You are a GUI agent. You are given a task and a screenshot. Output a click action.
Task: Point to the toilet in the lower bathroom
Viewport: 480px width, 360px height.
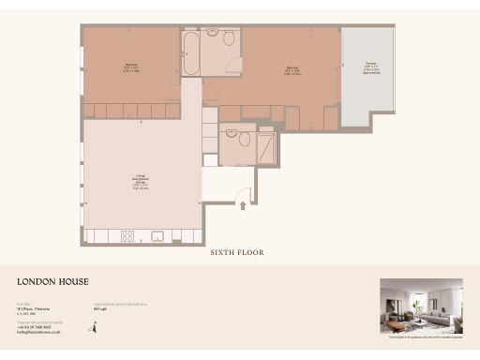(244, 140)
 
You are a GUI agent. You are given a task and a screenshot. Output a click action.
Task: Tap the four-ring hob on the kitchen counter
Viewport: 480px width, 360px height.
(128, 234)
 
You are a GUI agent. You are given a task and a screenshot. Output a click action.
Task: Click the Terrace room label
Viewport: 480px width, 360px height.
(371, 68)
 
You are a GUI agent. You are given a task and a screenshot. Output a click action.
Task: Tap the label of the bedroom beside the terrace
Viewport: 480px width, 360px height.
(292, 69)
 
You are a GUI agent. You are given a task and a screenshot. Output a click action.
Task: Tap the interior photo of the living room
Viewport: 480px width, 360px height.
(421, 307)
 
